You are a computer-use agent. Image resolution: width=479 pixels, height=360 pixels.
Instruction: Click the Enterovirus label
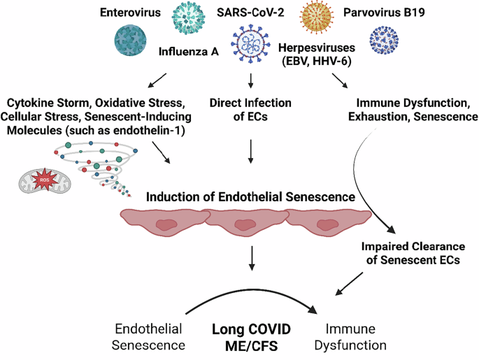coord(129,13)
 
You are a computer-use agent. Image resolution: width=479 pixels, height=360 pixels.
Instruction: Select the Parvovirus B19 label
coord(382,13)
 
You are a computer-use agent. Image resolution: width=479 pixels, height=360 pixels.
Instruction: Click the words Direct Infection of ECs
coord(250,110)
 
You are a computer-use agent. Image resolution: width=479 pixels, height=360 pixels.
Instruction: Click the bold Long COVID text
coord(251,329)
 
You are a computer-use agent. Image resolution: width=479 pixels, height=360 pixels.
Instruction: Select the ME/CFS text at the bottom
coord(251,345)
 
